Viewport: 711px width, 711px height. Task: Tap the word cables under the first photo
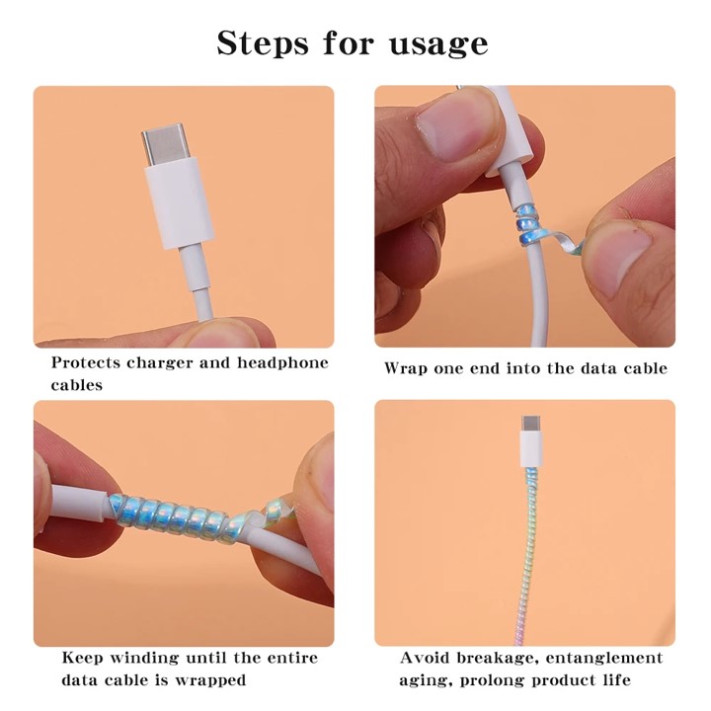click(x=77, y=385)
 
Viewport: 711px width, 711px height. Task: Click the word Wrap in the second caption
click(x=407, y=368)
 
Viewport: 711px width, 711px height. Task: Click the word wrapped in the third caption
click(x=212, y=680)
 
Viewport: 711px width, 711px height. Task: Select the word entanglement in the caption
click(x=604, y=658)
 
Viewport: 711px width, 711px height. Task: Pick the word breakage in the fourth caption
click(x=497, y=658)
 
